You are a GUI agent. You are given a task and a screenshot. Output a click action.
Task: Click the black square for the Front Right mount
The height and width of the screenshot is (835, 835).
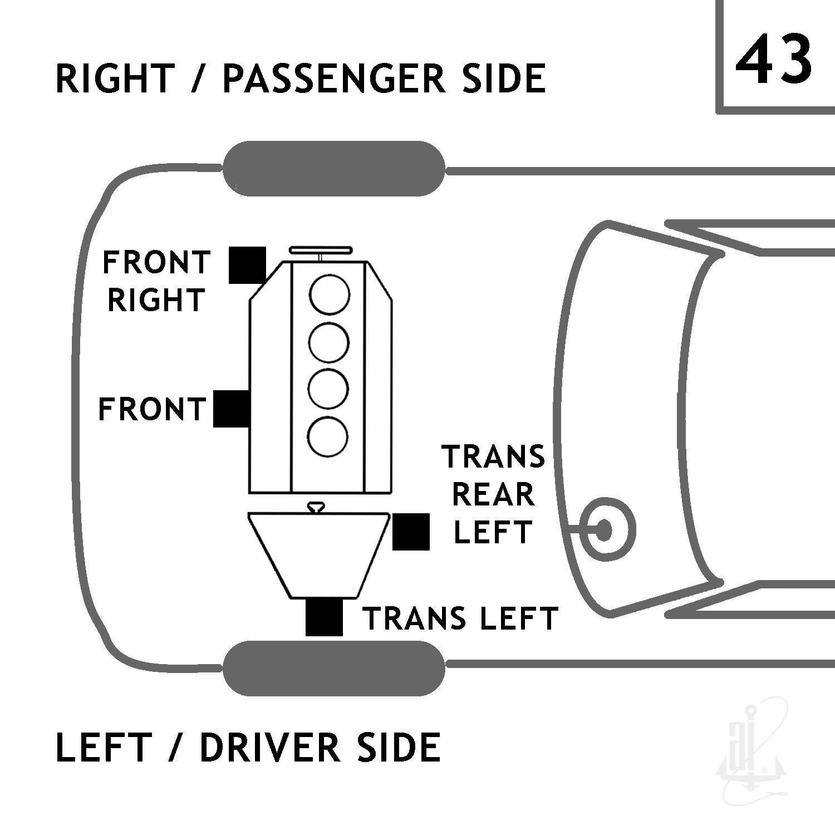pyautogui.click(x=247, y=265)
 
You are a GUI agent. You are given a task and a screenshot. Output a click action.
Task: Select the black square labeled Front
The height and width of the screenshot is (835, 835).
pyautogui.click(x=232, y=409)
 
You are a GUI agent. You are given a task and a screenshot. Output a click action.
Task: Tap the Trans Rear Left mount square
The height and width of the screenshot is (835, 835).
pyautogui.click(x=411, y=532)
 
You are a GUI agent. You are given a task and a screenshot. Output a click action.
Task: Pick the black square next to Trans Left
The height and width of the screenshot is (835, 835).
pyautogui.click(x=324, y=617)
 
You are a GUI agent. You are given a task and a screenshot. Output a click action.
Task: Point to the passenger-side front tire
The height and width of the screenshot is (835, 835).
pyautogui.click(x=334, y=169)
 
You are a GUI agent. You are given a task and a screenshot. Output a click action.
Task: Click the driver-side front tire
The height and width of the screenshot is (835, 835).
pyautogui.click(x=334, y=668)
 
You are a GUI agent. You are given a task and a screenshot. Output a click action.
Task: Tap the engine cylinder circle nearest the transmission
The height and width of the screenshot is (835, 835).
pyautogui.click(x=328, y=436)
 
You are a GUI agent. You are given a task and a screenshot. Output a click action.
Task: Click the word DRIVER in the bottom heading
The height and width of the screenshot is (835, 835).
pyautogui.click(x=269, y=748)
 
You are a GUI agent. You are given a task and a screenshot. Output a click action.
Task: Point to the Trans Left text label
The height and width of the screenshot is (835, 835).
pyautogui.click(x=460, y=618)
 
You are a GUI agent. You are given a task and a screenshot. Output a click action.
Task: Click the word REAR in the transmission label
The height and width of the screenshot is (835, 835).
pyautogui.click(x=493, y=494)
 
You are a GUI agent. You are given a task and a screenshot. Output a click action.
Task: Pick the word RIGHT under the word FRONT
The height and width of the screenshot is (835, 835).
pyautogui.click(x=156, y=301)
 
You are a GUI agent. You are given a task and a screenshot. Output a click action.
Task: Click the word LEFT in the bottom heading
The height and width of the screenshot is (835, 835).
pyautogui.click(x=104, y=748)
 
